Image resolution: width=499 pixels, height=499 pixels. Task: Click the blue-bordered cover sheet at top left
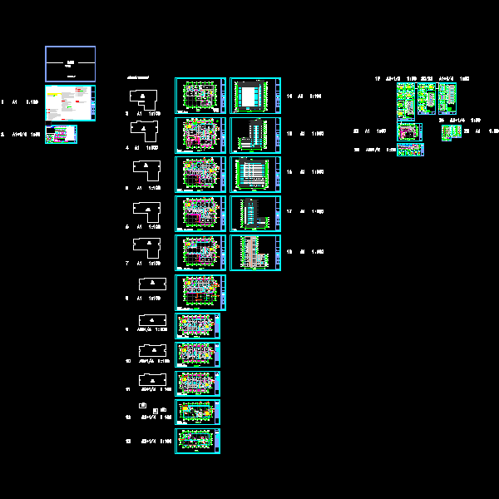70,63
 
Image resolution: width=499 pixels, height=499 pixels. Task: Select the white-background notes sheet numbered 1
70,103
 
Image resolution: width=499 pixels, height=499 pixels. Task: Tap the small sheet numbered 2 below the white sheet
61,133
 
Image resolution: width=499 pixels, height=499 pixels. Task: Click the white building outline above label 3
145,98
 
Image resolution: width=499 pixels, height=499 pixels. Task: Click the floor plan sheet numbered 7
200,252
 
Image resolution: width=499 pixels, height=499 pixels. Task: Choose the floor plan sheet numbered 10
198,355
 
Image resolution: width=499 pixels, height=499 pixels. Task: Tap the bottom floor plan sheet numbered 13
198,440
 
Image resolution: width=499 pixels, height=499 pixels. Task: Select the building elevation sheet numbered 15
255,135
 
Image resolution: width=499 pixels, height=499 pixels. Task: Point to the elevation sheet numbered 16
255,174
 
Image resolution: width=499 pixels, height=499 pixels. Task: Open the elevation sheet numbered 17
255,213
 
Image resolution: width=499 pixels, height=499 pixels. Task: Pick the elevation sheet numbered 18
255,252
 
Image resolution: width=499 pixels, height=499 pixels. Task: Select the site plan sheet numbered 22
409,131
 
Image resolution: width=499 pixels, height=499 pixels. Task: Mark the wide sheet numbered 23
410,150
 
